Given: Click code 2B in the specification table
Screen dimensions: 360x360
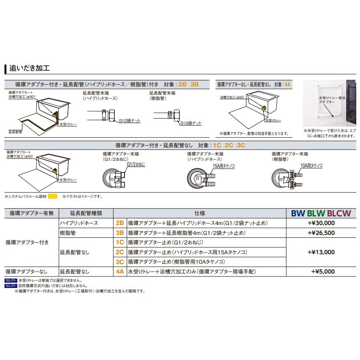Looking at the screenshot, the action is pyautogui.click(x=120, y=223).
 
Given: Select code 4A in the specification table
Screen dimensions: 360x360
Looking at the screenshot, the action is pyautogui.click(x=120, y=271).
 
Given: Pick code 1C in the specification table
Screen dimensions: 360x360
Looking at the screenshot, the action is pyautogui.click(x=120, y=242).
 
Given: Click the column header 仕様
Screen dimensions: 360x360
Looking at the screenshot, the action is pyautogui.click(x=200, y=213).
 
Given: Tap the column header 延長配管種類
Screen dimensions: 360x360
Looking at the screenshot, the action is pyautogui.click(x=86, y=213).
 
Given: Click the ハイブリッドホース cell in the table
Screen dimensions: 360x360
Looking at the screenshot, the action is pyautogui.click(x=79, y=223).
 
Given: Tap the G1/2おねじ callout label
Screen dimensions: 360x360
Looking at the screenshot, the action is pyautogui.click(x=136, y=164).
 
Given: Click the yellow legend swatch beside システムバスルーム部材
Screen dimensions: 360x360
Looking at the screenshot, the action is pyautogui.click(x=53, y=197).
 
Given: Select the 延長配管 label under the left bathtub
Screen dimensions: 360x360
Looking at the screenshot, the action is pyautogui.click(x=15, y=132).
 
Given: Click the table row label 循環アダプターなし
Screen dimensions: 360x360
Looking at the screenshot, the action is pyautogui.click(x=26, y=271).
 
